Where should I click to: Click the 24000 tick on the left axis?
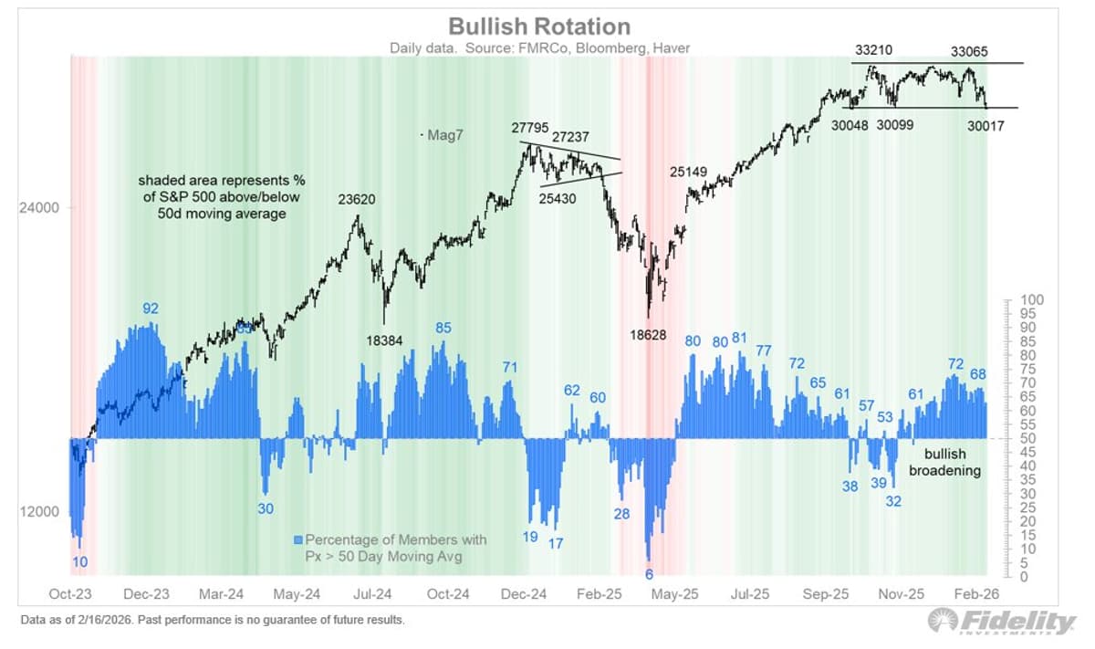pos(38,207)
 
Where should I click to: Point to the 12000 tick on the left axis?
pos(38,512)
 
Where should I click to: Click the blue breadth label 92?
pos(151,309)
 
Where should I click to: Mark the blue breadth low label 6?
pos(649,574)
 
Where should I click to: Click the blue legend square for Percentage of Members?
pos(298,539)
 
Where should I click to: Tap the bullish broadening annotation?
pos(945,462)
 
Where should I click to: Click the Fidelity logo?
pos(1002,622)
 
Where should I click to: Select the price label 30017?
pos(985,127)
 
